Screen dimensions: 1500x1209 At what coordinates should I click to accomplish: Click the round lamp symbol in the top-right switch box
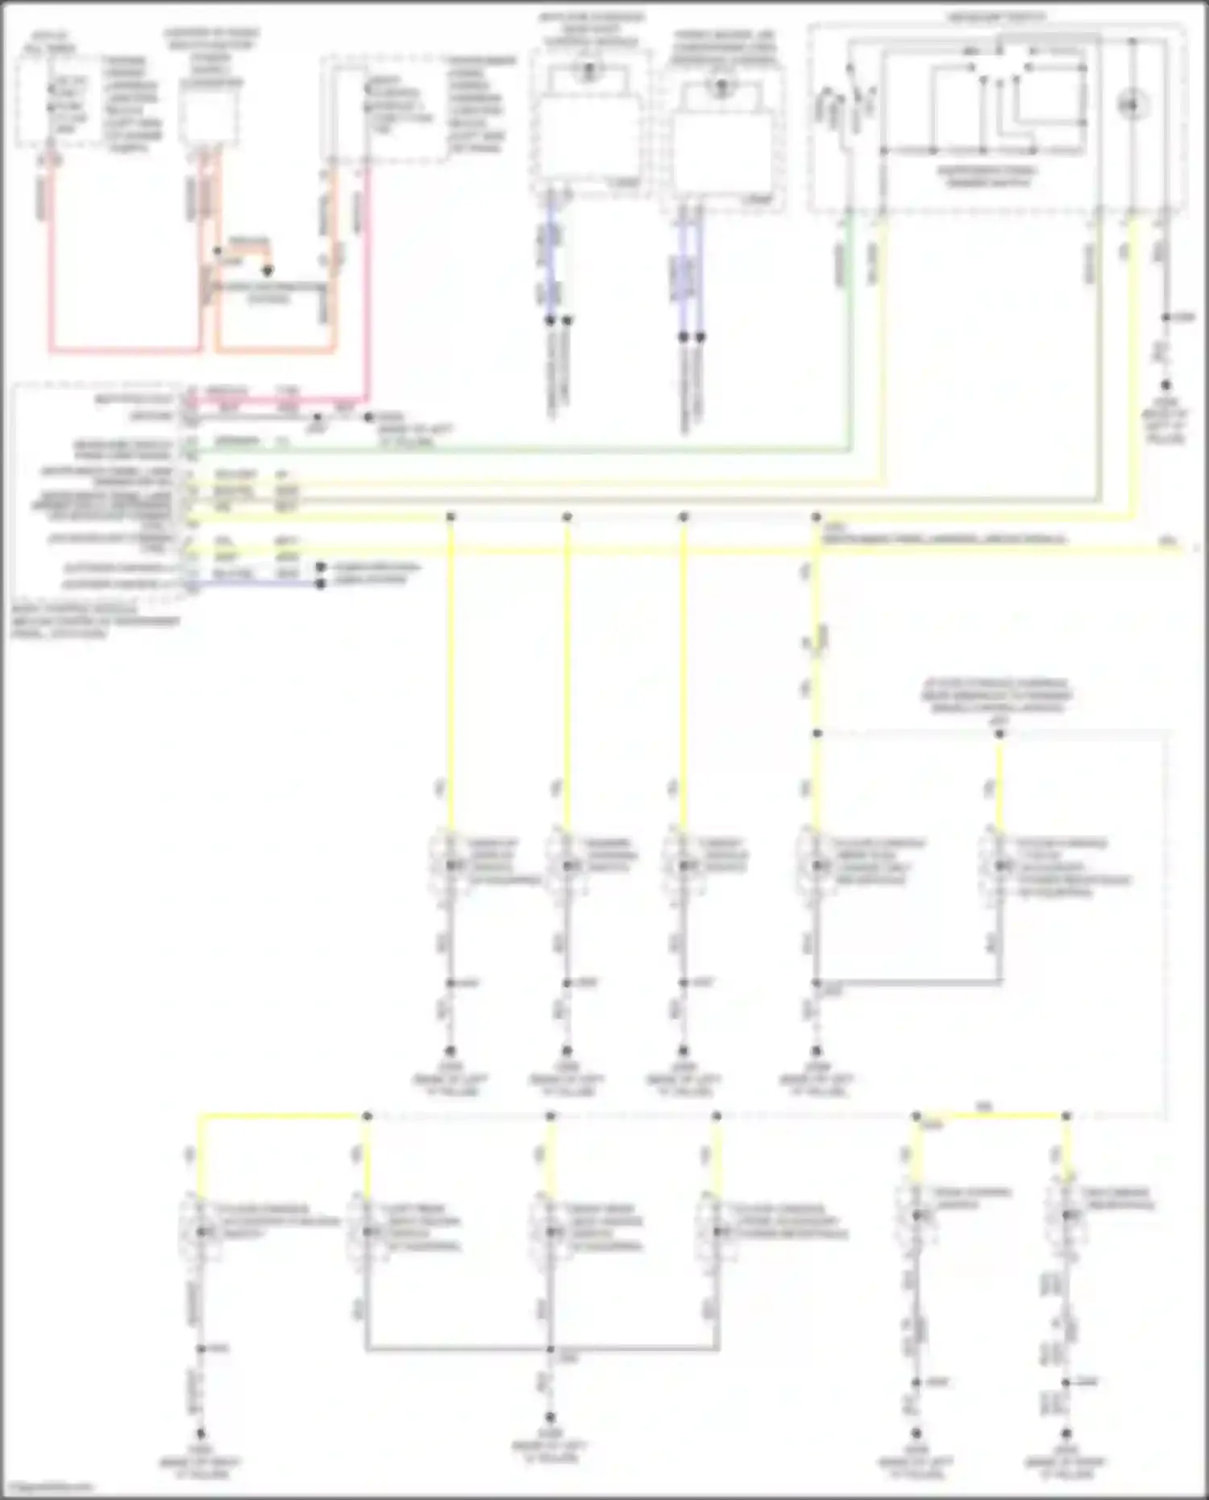click(x=1132, y=105)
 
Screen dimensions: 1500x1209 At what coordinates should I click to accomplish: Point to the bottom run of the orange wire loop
click(x=274, y=351)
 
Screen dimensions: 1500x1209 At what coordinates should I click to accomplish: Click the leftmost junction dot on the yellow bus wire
click(x=451, y=516)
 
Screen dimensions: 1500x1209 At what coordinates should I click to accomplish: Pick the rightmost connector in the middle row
click(x=999, y=866)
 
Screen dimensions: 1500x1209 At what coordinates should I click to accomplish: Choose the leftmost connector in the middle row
click(x=450, y=866)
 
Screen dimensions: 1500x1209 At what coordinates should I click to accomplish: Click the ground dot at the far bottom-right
click(x=1066, y=1434)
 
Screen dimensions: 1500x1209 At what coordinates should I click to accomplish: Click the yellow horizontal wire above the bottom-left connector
click(x=282, y=1116)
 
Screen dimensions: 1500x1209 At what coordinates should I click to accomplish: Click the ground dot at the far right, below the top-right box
click(x=1165, y=386)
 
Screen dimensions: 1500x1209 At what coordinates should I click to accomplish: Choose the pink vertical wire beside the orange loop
click(x=368, y=282)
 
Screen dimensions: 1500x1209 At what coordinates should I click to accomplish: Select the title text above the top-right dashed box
click(x=997, y=17)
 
